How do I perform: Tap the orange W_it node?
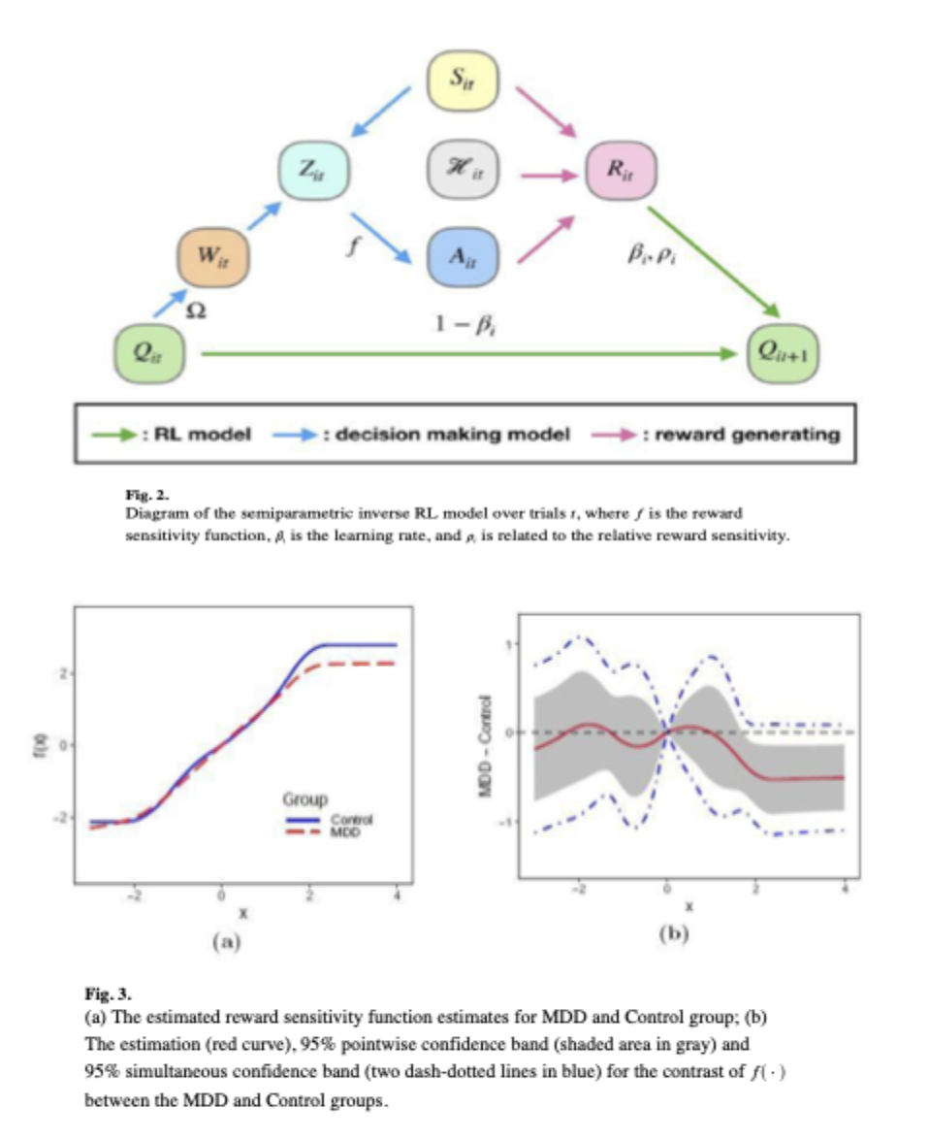[x=212, y=257]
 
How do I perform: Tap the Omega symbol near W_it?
[x=195, y=312]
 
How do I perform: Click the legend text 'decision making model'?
[x=451, y=434]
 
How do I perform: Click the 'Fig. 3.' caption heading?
[x=106, y=993]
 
